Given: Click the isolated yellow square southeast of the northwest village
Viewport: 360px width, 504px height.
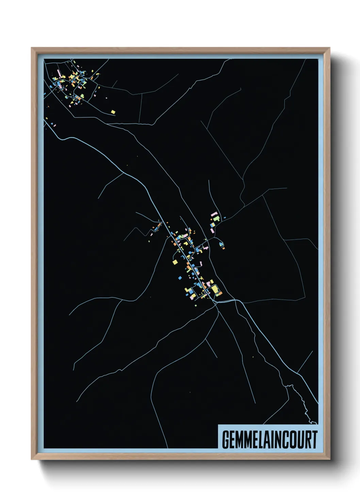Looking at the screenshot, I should coord(113,111).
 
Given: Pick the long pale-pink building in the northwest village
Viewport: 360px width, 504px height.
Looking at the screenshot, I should coord(58,74).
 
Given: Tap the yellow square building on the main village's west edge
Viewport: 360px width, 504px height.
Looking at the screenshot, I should coord(175,262).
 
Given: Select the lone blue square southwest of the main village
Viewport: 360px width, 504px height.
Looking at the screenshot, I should coord(180,278).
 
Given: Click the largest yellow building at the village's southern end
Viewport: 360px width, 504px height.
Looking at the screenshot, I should coord(214,290).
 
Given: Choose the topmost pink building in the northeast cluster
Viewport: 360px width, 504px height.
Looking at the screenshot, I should coord(214,215).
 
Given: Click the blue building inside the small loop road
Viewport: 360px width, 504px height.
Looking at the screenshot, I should coord(221,243).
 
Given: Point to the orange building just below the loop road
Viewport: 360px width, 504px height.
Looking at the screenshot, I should coord(224,248).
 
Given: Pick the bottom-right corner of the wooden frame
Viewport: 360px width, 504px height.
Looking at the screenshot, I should coord(329,459).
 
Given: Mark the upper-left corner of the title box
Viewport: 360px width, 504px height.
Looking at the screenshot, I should coord(218,425).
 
